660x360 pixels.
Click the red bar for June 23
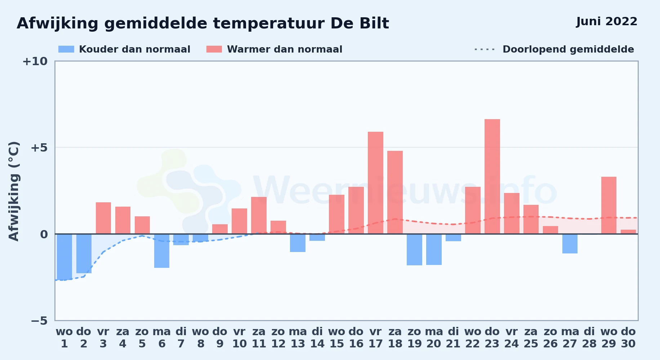(492, 176)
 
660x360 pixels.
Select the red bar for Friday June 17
(375, 183)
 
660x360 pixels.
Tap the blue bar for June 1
(64, 257)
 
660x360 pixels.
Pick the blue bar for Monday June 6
(162, 251)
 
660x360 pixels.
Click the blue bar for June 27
(570, 244)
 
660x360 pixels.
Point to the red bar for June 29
(609, 205)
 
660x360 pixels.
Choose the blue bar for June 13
(298, 243)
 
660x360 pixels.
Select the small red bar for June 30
(628, 232)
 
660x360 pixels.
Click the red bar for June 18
(395, 192)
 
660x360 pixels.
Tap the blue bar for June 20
(434, 249)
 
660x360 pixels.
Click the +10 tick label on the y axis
(35, 61)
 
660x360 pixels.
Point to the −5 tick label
(39, 320)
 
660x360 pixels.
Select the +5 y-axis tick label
(39, 148)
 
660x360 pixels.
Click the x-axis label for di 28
(589, 337)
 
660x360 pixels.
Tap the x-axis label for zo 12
(278, 337)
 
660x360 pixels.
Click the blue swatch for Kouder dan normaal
(66, 49)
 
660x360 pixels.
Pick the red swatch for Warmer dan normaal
(214, 49)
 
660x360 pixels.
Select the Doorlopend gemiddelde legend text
(568, 49)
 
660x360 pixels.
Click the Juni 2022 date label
(607, 22)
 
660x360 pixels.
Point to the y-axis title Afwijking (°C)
(14, 191)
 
